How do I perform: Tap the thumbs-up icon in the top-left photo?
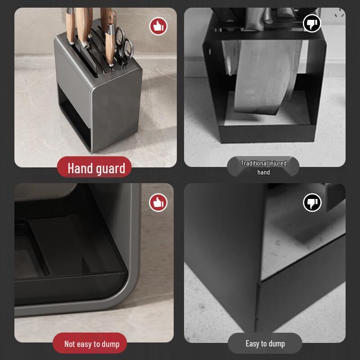[158, 26]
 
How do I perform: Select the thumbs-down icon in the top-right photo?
[311, 23]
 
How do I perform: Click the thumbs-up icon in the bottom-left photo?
[158, 202]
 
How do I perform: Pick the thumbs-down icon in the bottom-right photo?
[312, 202]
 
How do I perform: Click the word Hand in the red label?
[80, 168]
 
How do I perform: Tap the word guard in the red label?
[110, 169]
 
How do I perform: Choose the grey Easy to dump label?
[265, 343]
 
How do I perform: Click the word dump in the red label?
[110, 344]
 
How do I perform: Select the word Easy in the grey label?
[252, 343]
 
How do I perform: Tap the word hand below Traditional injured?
[264, 172]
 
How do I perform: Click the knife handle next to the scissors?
[111, 36]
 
